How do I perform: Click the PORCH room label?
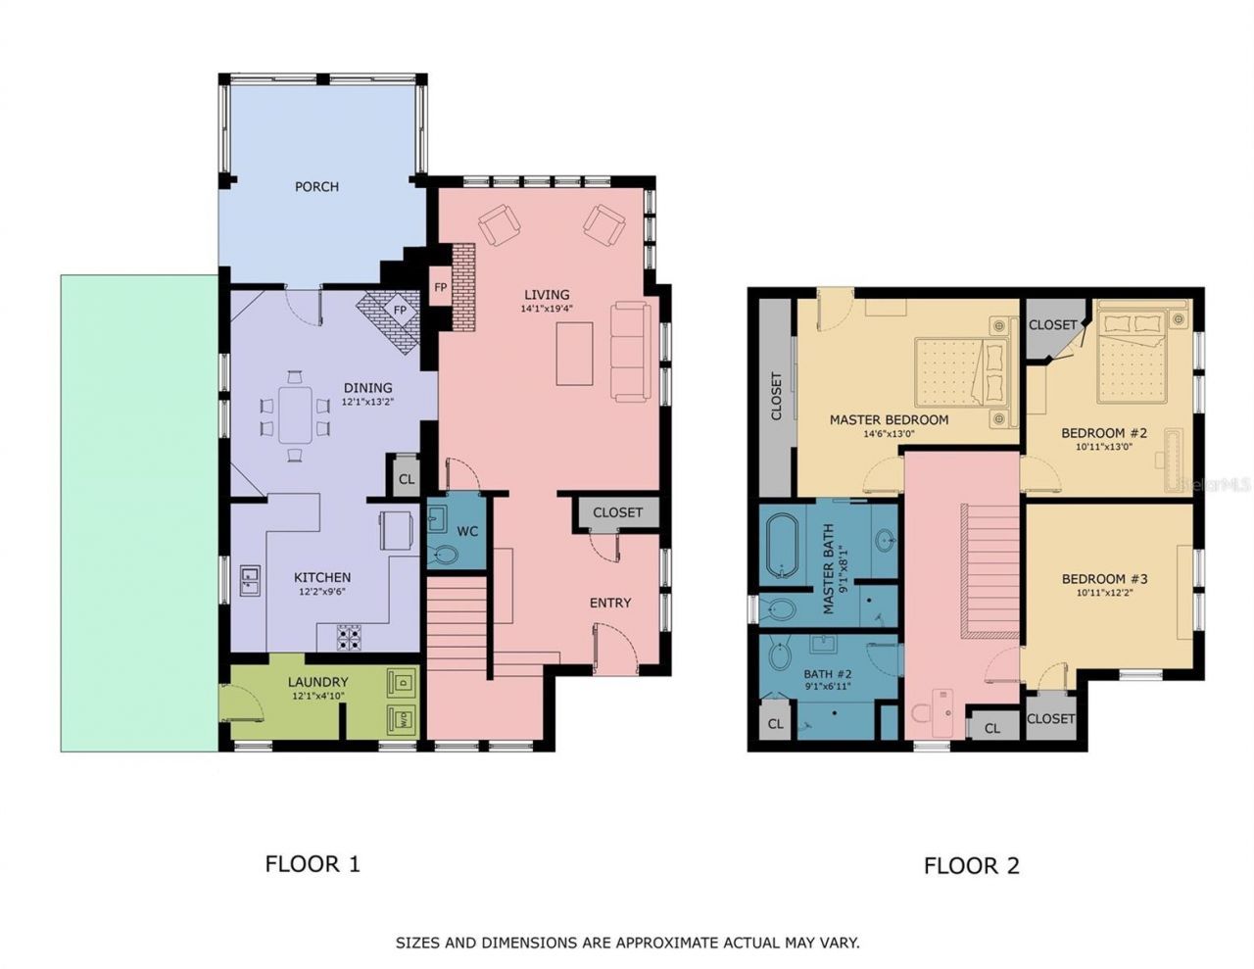click(x=316, y=186)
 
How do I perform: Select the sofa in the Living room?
click(x=630, y=351)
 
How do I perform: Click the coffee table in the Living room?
click(x=574, y=353)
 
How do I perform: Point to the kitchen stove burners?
click(x=349, y=639)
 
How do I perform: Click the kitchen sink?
click(x=250, y=581)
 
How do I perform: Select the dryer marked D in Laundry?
click(x=402, y=680)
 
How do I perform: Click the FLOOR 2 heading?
click(x=971, y=865)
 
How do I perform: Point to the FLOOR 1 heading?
click(x=313, y=863)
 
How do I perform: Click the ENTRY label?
click(x=609, y=603)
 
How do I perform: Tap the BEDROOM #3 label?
click(x=1104, y=579)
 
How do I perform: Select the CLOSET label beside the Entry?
click(x=617, y=512)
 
